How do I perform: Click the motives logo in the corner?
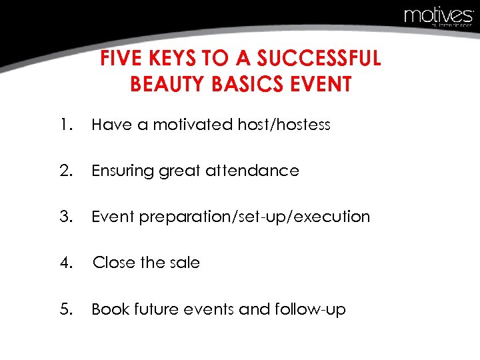tap(438, 15)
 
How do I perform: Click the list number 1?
tap(64, 125)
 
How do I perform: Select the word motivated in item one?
tap(193, 125)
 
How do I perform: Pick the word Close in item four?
tap(114, 263)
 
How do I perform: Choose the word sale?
tap(184, 263)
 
